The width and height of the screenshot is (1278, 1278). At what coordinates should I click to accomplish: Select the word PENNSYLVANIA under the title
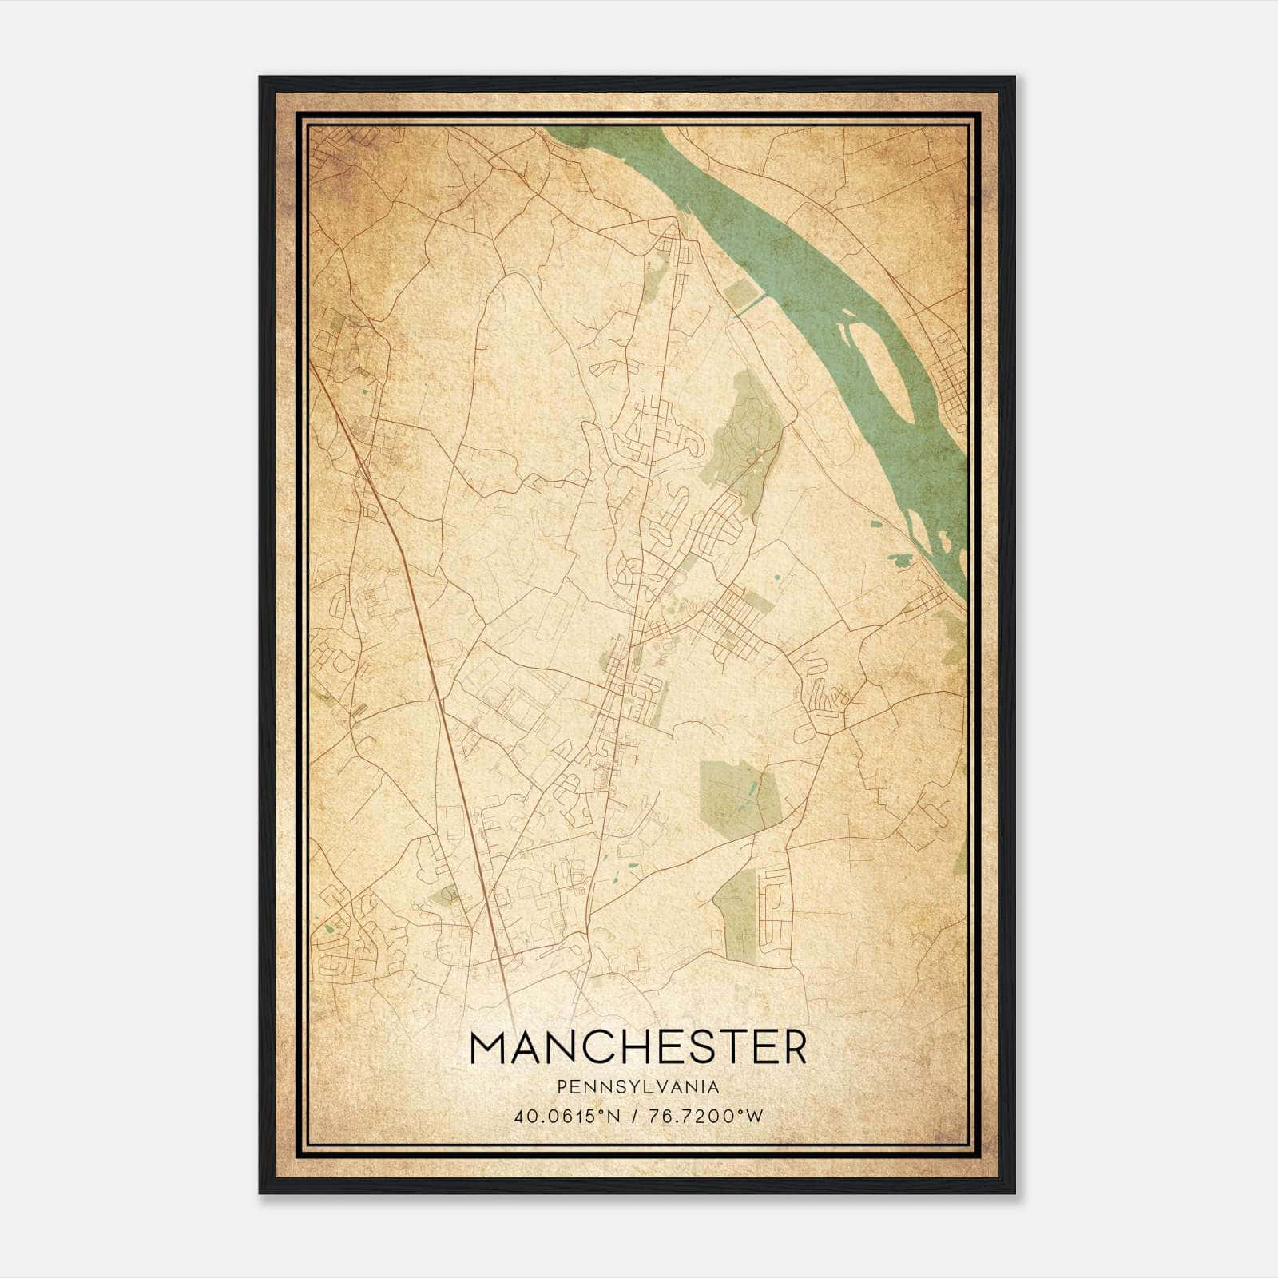point(638,1087)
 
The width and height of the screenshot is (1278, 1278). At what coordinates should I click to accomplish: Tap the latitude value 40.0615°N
point(557,1117)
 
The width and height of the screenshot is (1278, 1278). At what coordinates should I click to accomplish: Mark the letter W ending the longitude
point(755,1117)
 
